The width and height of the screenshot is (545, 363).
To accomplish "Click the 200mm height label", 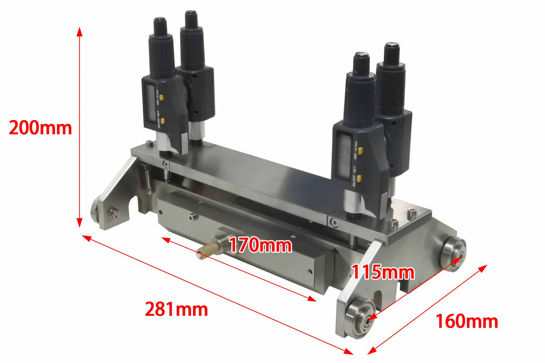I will coord(40,128).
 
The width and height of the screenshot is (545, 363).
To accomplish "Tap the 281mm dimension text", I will coord(176,309).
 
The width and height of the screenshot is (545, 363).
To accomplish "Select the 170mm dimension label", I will coord(260,245).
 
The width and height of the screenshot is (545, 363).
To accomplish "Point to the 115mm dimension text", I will coord(382,272).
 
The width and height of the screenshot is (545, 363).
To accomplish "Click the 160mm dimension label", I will coord(467,321).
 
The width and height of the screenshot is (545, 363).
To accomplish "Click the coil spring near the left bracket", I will coord(146,177).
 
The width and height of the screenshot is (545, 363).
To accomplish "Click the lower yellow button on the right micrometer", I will coord(359,178).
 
